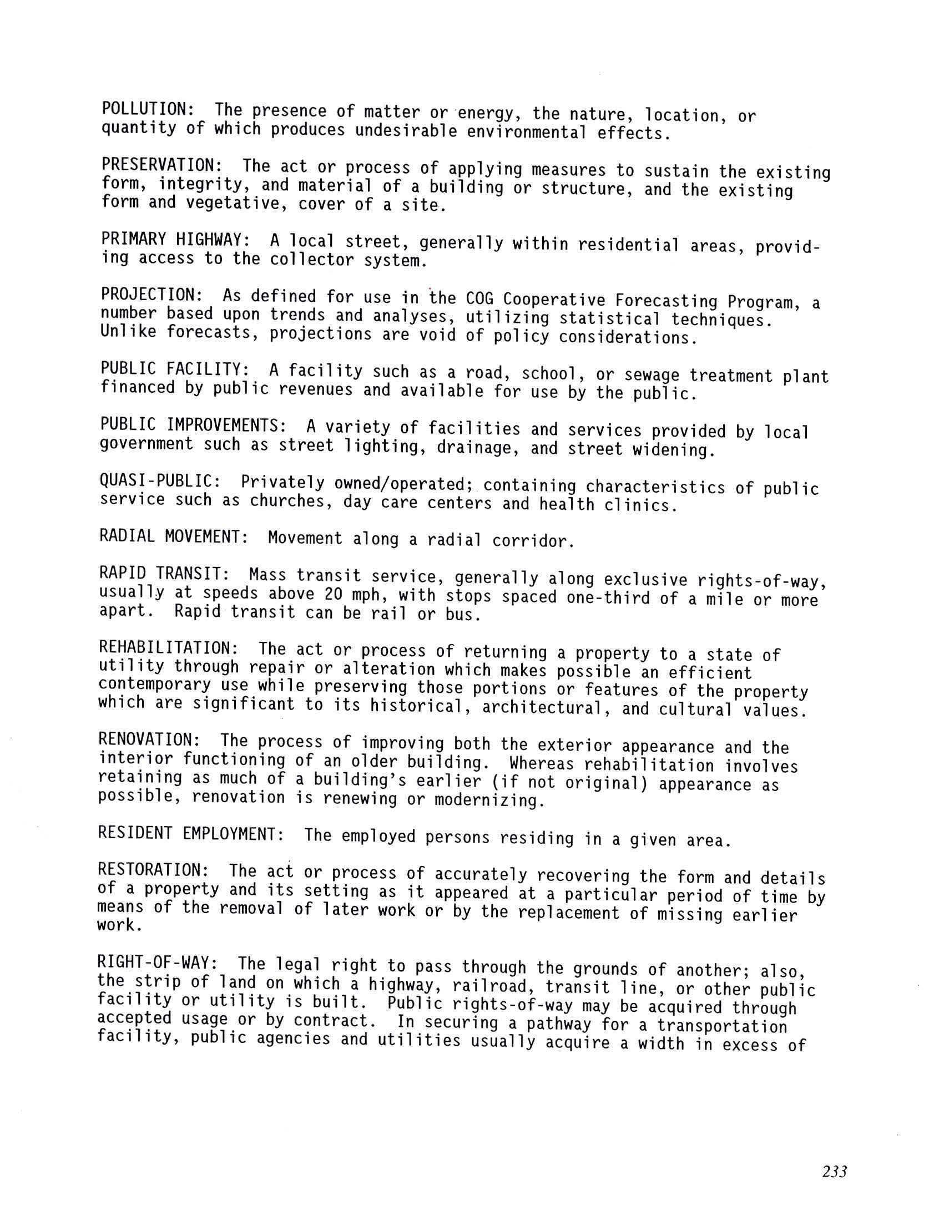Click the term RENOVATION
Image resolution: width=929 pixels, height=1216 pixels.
[x=149, y=740]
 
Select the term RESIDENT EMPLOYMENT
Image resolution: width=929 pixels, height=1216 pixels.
[x=191, y=834]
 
